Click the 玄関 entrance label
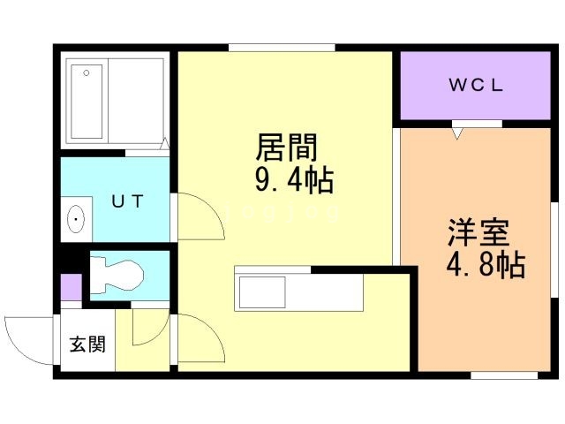tap(87, 344)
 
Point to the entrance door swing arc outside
tap(26, 336)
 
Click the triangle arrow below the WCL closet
tap(457, 133)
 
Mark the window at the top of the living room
tap(281, 48)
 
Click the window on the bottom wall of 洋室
tap(503, 375)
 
